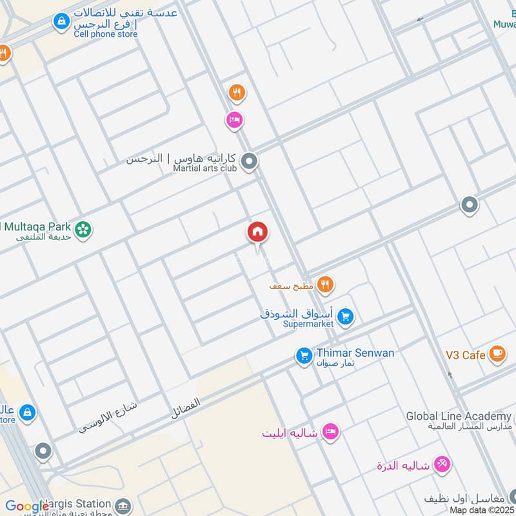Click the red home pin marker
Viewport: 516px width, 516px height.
pos(258,232)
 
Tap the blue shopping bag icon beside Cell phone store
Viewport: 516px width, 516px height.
pos(61,21)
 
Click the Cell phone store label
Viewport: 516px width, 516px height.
pos(105,34)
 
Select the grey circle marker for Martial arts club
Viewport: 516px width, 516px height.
pos(250,161)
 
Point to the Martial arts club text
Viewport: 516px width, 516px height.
pos(205,168)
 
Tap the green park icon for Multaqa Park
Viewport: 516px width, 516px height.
pos(83,229)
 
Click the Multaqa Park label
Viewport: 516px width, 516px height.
pos(37,226)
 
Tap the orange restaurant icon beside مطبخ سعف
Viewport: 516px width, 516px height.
pos(325,284)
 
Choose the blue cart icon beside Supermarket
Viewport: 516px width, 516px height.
pos(346,317)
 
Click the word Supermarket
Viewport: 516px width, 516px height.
pos(308,324)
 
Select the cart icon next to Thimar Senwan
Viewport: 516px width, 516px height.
pos(304,355)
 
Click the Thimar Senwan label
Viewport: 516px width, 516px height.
pos(355,353)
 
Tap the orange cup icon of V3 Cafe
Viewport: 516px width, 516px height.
pos(497,353)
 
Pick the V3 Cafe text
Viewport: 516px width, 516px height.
pos(465,355)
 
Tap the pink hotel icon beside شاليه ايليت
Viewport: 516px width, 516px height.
pos(331,432)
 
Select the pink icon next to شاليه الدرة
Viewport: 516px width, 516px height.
pos(442,463)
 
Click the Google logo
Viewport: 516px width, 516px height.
pos(27,507)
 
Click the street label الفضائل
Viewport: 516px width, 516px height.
pos(186,409)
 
